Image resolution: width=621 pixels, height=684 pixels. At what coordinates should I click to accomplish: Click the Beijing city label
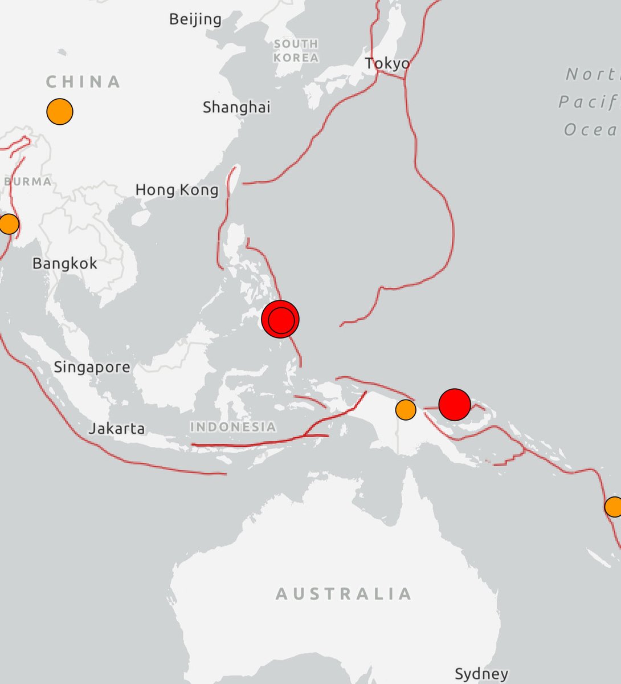(x=195, y=19)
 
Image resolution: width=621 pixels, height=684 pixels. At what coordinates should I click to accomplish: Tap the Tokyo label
(x=387, y=63)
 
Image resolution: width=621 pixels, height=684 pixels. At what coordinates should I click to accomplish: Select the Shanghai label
(x=236, y=107)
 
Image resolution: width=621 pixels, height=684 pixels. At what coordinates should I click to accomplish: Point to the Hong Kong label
(x=177, y=190)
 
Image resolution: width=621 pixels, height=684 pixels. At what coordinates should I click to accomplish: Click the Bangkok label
(x=65, y=263)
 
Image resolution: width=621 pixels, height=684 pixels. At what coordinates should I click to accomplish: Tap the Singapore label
(x=92, y=367)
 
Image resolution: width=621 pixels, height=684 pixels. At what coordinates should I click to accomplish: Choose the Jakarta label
(x=117, y=428)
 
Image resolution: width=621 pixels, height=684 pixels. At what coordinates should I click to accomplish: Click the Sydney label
(x=481, y=674)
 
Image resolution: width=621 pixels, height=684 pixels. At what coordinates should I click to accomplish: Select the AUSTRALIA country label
(x=344, y=594)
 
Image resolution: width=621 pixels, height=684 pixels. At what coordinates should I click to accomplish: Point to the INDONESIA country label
(x=233, y=426)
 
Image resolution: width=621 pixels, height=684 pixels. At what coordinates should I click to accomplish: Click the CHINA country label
(x=83, y=82)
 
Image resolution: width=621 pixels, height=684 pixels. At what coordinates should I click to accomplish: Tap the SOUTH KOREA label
(x=296, y=51)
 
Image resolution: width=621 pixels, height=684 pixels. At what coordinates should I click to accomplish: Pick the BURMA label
(x=27, y=182)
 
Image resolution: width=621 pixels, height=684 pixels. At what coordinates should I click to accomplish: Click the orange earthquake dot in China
(x=60, y=111)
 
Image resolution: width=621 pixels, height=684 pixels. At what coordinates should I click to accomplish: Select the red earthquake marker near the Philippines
(x=280, y=319)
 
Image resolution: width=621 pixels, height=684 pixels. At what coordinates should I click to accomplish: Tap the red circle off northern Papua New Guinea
(x=455, y=404)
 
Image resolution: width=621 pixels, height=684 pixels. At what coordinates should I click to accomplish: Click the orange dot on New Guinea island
(x=405, y=409)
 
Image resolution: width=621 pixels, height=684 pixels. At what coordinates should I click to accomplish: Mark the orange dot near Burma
(x=8, y=223)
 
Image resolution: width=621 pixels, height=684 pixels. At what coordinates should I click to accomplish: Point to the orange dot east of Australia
(x=614, y=506)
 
